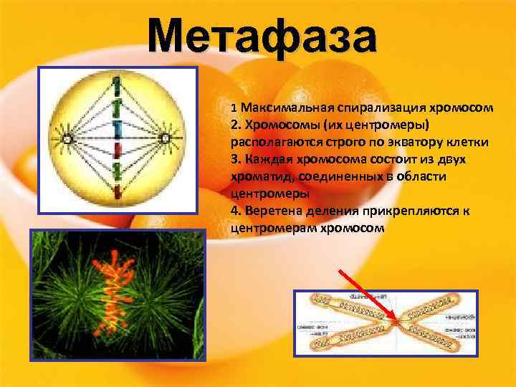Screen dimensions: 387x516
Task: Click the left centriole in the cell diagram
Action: (67, 138)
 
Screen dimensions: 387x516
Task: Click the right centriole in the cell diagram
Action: (166, 138)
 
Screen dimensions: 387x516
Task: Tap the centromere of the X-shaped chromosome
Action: (396, 322)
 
